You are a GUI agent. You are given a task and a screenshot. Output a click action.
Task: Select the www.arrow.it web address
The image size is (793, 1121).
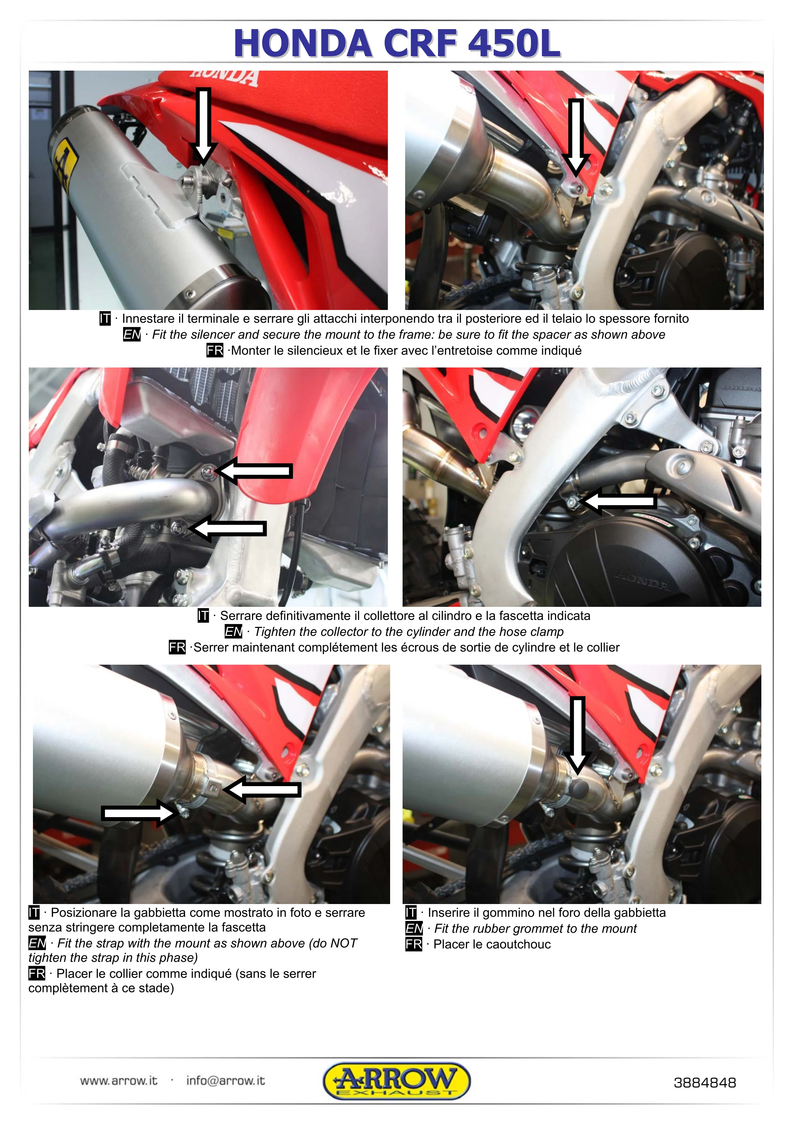click(x=119, y=1080)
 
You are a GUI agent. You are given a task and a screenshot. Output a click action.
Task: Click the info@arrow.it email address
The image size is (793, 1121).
click(x=225, y=1080)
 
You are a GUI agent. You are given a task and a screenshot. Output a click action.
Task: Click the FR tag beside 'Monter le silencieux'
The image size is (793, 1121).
click(x=215, y=351)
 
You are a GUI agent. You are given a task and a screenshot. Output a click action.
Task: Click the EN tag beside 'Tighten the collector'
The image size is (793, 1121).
click(x=233, y=632)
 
